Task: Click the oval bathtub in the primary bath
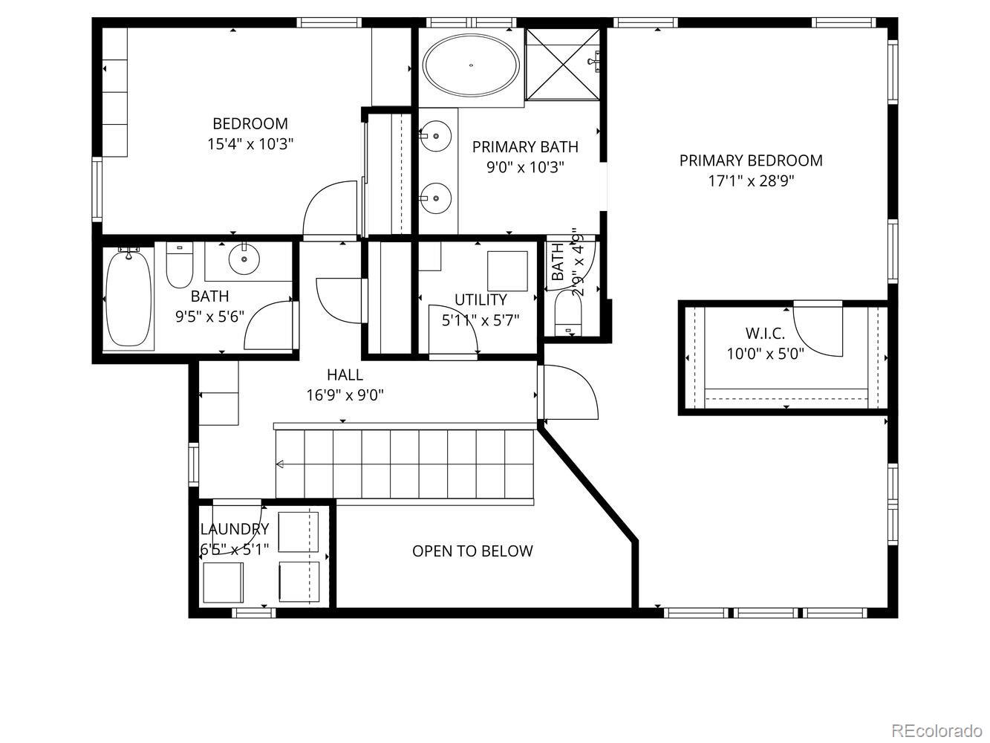pos(472,65)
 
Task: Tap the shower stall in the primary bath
pos(562,64)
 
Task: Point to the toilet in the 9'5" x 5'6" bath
pos(179,267)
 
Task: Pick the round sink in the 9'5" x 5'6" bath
pos(243,259)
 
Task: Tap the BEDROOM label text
pos(250,123)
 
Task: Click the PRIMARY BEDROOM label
pos(751,160)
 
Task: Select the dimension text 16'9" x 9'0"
pos(345,395)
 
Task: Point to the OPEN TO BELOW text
pos(472,551)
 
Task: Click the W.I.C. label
pos(765,333)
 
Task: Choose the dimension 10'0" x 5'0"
pos(765,354)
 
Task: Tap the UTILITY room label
pos(481,299)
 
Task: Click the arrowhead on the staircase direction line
pos(280,465)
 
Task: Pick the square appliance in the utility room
pos(507,270)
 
